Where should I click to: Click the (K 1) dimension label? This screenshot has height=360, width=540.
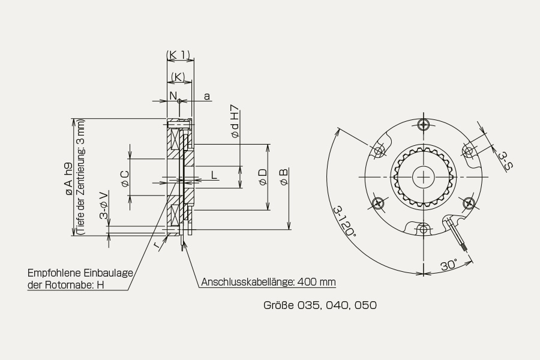coord(178,55)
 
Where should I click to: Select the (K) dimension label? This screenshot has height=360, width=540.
coord(178,77)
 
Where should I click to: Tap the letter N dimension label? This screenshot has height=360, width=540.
coord(173,95)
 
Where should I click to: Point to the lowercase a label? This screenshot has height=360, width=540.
coord(206,97)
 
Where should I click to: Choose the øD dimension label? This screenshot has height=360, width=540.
coord(263,177)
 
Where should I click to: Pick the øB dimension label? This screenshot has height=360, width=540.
coord(284,177)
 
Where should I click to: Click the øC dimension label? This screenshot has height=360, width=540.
coord(125,178)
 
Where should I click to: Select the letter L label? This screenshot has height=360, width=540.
coord(214,175)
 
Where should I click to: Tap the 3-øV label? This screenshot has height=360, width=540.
coord(104,206)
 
